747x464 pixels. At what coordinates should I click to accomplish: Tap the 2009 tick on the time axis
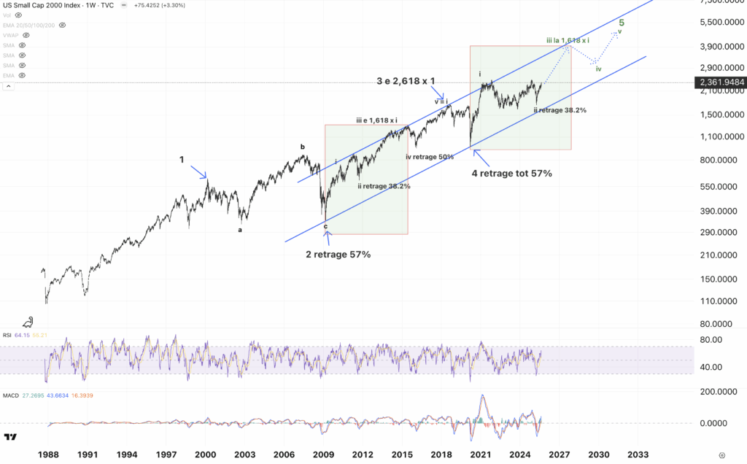click(x=324, y=453)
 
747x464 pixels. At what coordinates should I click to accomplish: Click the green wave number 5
click(x=622, y=23)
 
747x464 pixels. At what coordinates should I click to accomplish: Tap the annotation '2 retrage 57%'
click(x=338, y=255)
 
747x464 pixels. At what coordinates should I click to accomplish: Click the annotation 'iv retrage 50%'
click(x=430, y=157)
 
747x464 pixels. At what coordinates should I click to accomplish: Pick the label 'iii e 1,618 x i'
click(x=382, y=120)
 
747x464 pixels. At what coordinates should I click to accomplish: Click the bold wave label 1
click(x=182, y=158)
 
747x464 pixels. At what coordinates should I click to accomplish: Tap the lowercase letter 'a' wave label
click(x=239, y=230)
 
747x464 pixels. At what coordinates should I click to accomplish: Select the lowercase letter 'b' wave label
click(x=303, y=147)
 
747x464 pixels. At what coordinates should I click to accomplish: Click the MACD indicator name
click(x=11, y=395)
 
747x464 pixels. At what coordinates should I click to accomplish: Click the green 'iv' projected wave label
click(x=598, y=69)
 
